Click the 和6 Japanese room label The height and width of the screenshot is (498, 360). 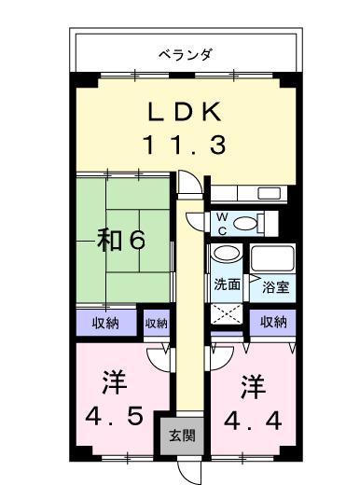pos(122,241)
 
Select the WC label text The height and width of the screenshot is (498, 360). pos(221,223)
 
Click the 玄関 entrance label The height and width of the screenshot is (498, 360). pos(182,436)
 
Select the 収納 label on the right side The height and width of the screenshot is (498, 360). pos(273,323)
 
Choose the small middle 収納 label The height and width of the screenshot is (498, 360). pos(156,324)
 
